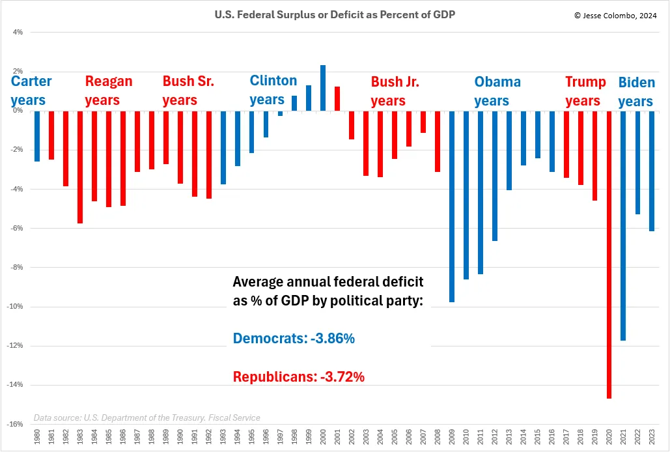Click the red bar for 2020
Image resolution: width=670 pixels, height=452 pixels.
[x=609, y=254]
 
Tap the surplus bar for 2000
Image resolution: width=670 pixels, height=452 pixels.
[x=323, y=88]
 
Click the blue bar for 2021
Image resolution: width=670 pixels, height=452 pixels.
[x=623, y=225]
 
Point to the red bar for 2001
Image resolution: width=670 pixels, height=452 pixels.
[x=337, y=98]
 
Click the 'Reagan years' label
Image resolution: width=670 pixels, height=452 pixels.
[x=108, y=91]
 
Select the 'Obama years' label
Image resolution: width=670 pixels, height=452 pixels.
[x=497, y=91]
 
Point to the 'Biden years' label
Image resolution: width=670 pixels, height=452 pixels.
[x=635, y=92]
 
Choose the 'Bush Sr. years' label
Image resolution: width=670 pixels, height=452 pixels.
[x=188, y=91]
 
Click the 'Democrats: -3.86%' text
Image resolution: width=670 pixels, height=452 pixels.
[x=294, y=339]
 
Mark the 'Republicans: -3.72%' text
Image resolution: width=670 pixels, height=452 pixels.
[x=298, y=376]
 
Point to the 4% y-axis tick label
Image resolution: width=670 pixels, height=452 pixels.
[x=18, y=32]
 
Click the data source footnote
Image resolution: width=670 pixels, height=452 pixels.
[x=147, y=417]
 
